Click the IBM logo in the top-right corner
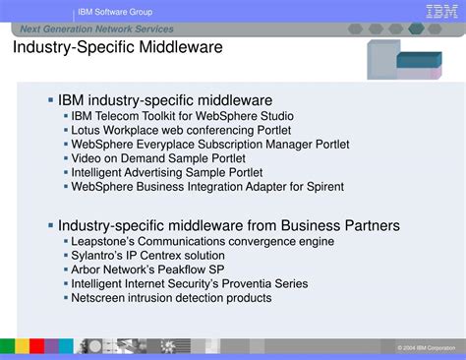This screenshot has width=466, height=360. [439, 11]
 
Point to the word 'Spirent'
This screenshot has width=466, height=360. [317, 186]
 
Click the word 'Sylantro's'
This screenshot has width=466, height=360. [99, 256]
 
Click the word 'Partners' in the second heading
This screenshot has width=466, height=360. [371, 225]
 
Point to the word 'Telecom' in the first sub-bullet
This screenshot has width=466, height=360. [122, 115]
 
